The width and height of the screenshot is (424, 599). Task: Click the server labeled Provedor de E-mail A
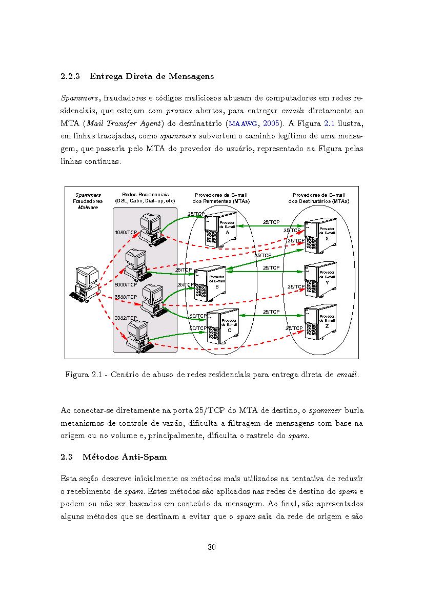(x=220, y=229)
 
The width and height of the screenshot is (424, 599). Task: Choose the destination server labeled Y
(x=320, y=280)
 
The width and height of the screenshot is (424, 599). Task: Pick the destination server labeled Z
(x=320, y=322)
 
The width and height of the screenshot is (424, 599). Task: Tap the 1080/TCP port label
(x=126, y=232)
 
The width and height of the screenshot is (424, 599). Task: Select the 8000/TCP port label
(x=126, y=284)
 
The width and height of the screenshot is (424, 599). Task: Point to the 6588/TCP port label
(x=126, y=297)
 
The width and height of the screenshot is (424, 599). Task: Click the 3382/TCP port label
(x=126, y=318)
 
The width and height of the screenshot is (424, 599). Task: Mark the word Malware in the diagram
(x=88, y=208)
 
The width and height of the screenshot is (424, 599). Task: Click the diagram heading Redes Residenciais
(x=145, y=194)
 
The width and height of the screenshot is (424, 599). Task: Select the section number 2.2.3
(x=70, y=76)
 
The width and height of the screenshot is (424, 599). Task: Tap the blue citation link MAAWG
(x=243, y=123)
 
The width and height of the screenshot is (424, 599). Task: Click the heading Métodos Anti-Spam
(x=125, y=457)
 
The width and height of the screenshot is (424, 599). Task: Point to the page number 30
(x=212, y=547)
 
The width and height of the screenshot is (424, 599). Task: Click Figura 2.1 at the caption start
(x=83, y=375)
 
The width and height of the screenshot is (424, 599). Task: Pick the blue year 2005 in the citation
(x=271, y=123)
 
